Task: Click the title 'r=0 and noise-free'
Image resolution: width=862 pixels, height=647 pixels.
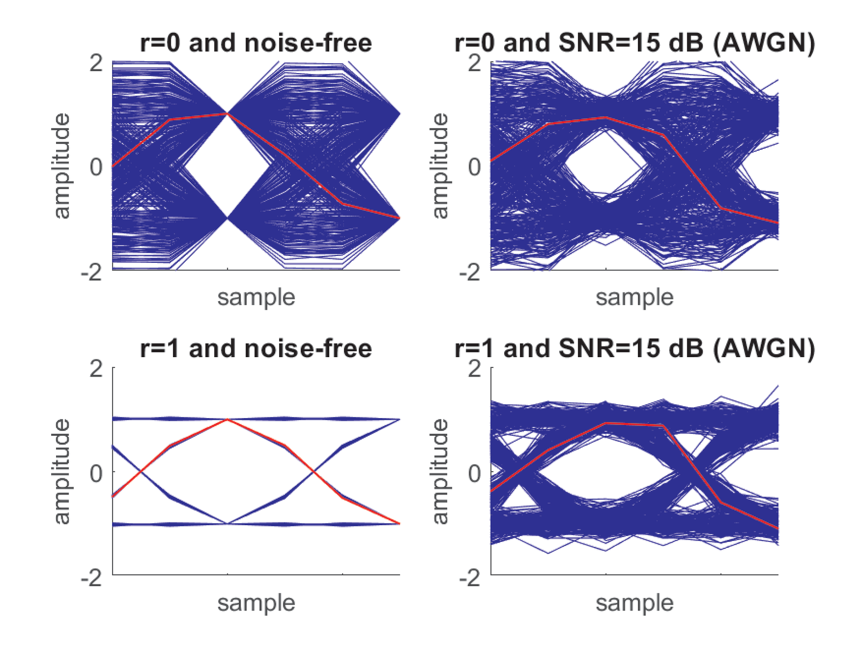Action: (x=256, y=43)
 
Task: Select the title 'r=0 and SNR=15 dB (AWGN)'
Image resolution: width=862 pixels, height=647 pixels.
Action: (x=635, y=43)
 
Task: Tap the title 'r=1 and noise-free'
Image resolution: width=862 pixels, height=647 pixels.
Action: (x=256, y=349)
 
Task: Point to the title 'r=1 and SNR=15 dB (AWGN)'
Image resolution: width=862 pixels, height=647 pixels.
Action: (x=635, y=349)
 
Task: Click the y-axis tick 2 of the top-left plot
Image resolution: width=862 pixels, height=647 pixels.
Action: (x=96, y=63)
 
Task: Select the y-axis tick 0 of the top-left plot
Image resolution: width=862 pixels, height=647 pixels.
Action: (x=96, y=167)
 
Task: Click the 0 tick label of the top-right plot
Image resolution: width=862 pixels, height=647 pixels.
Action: (x=475, y=167)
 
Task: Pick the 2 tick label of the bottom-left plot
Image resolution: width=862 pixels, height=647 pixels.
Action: (x=96, y=369)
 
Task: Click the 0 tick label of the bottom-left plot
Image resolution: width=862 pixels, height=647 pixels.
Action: (x=96, y=473)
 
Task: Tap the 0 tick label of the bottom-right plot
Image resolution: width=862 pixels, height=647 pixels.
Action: (x=475, y=473)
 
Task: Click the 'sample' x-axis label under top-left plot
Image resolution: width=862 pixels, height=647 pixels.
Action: (x=256, y=297)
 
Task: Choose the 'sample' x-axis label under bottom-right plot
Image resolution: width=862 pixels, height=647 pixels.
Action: (x=635, y=603)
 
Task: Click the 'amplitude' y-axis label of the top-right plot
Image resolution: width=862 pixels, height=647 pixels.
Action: (x=440, y=166)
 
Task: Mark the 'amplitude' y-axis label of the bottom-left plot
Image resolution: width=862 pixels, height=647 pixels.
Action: (x=62, y=471)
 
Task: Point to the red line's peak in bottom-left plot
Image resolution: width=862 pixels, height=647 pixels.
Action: (x=228, y=419)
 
